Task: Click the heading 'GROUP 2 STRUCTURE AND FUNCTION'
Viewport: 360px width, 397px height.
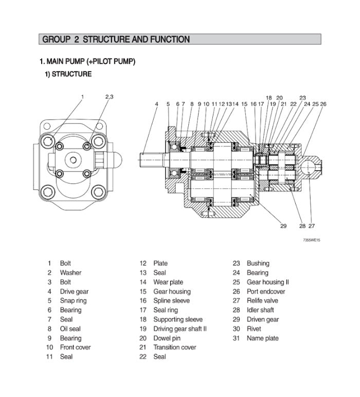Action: pyautogui.click(x=116, y=39)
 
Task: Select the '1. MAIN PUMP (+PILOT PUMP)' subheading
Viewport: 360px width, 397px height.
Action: pyautogui.click(x=87, y=62)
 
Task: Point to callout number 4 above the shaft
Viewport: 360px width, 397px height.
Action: pyautogui.click(x=156, y=104)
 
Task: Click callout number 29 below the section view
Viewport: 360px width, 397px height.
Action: pyautogui.click(x=283, y=226)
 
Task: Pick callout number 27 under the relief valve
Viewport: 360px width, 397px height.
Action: pyautogui.click(x=312, y=226)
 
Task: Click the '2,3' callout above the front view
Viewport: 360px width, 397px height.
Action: pyautogui.click(x=109, y=96)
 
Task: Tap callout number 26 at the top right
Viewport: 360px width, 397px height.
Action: pyautogui.click(x=323, y=104)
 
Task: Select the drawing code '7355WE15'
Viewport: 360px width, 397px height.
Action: pyautogui.click(x=311, y=240)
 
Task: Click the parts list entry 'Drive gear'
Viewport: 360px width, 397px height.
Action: pyautogui.click(x=74, y=291)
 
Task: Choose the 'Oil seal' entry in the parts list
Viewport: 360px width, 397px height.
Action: pyautogui.click(x=70, y=329)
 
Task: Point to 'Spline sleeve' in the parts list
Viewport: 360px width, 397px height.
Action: pyautogui.click(x=171, y=301)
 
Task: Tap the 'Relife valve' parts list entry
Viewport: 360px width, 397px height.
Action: pyautogui.click(x=262, y=301)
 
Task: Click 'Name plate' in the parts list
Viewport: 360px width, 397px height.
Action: pyautogui.click(x=262, y=338)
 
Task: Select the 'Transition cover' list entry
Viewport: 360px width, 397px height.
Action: pyautogui.click(x=174, y=347)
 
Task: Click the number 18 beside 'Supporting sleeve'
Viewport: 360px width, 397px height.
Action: pyautogui.click(x=143, y=319)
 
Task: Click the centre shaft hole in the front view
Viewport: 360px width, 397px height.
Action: pyautogui.click(x=73, y=160)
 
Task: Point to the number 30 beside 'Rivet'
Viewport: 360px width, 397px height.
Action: pyautogui.click(x=237, y=329)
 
